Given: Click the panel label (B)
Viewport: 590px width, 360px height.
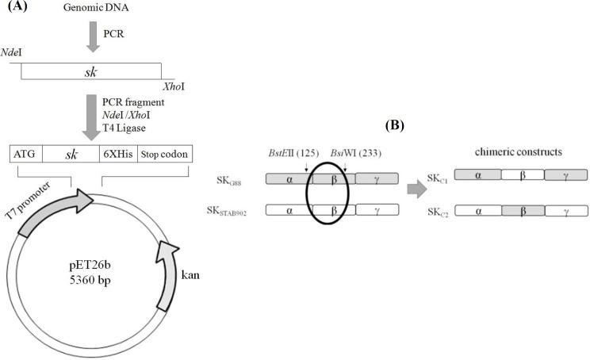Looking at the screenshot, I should point(395,125).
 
